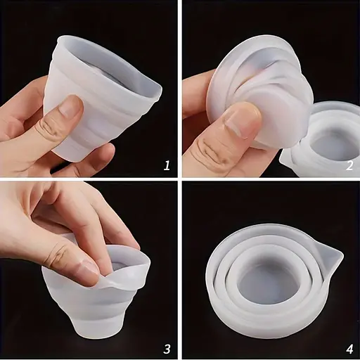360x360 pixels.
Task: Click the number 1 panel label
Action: click(x=167, y=166)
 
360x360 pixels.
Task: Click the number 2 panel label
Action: click(x=349, y=166)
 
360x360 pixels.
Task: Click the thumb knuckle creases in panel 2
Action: click(x=211, y=153)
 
